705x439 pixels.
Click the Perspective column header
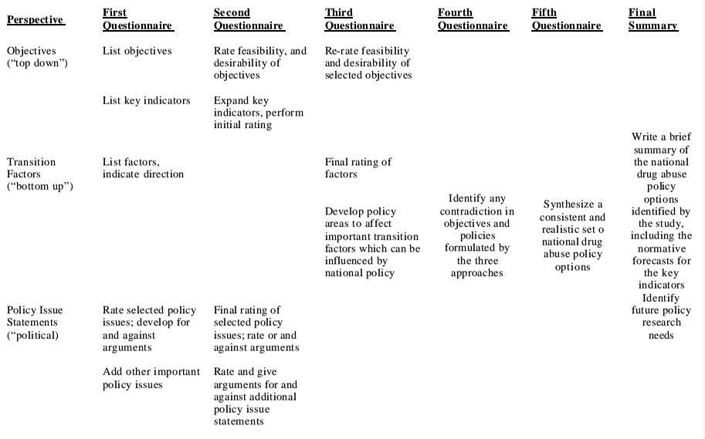[x=36, y=19]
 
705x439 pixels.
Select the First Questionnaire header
[x=137, y=19]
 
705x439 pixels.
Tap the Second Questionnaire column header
[x=249, y=19]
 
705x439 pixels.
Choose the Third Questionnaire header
[x=360, y=19]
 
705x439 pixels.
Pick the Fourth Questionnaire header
[x=473, y=19]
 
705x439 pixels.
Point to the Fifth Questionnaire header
[x=566, y=19]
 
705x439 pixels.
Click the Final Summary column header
[x=652, y=19]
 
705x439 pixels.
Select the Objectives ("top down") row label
[x=37, y=56]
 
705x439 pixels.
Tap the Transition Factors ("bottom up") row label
[x=39, y=174]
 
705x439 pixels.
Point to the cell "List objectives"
[x=137, y=51]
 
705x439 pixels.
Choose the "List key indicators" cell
[x=146, y=100]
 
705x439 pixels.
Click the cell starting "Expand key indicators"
[x=258, y=112]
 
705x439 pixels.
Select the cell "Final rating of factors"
[x=358, y=167]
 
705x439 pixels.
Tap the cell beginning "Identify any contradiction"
[x=476, y=235]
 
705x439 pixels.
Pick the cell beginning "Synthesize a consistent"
[x=572, y=235]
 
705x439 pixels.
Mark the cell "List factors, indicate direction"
[x=143, y=167]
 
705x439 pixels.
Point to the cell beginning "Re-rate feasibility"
[x=368, y=63]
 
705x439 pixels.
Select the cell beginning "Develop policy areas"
[x=371, y=241]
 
